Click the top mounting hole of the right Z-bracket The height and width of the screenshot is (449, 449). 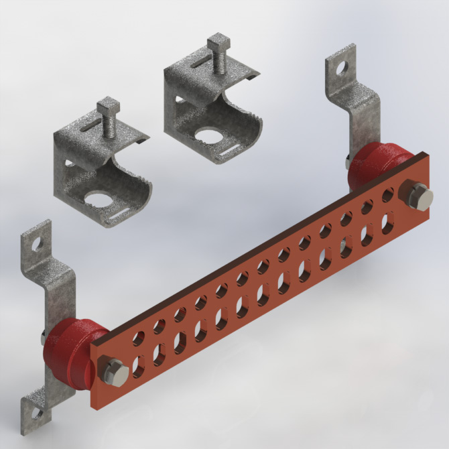[342, 67]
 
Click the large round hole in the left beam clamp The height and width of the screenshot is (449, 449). [101, 199]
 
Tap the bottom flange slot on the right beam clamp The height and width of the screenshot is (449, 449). [230, 155]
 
